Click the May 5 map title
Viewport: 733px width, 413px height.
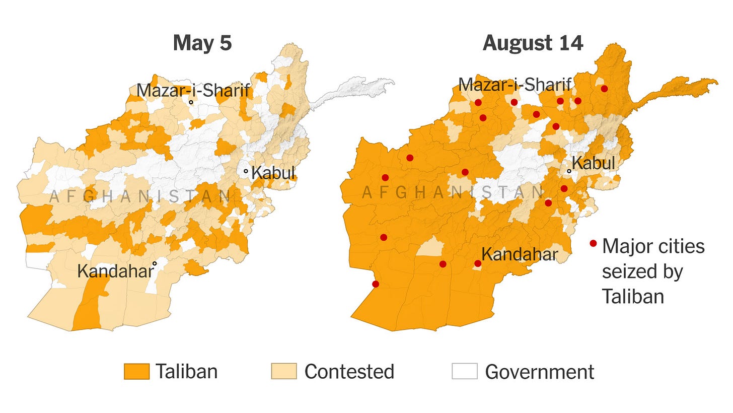pyautogui.click(x=202, y=43)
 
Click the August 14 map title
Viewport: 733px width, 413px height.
pyautogui.click(x=533, y=43)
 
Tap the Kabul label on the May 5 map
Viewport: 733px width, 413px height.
pyautogui.click(x=273, y=173)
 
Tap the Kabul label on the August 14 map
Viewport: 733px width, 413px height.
pyautogui.click(x=594, y=163)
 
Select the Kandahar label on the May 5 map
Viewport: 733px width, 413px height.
pyautogui.click(x=114, y=271)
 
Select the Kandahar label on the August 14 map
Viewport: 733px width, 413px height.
pyautogui.click(x=520, y=254)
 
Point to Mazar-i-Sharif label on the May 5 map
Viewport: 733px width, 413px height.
pyautogui.click(x=193, y=91)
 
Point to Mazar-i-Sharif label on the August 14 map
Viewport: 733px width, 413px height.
pyautogui.click(x=515, y=85)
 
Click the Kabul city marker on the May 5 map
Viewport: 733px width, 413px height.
pyautogui.click(x=246, y=171)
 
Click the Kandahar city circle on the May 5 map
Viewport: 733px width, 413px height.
pyautogui.click(x=155, y=263)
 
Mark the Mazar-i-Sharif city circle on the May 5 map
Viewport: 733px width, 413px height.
pyautogui.click(x=191, y=102)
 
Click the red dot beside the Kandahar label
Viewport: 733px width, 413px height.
pyautogui.click(x=477, y=263)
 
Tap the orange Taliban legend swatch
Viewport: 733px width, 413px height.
pyautogui.click(x=136, y=372)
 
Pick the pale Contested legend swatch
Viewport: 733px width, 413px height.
pyautogui.click(x=284, y=372)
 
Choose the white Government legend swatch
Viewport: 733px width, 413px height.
pyautogui.click(x=464, y=372)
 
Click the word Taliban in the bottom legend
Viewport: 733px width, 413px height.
pyautogui.click(x=186, y=372)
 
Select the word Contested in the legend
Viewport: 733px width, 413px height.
pyautogui.click(x=349, y=372)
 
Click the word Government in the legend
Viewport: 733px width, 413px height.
pyautogui.click(x=539, y=372)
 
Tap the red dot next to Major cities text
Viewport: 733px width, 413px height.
pyautogui.click(x=593, y=244)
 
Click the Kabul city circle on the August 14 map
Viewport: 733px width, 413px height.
pyautogui.click(x=569, y=171)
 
